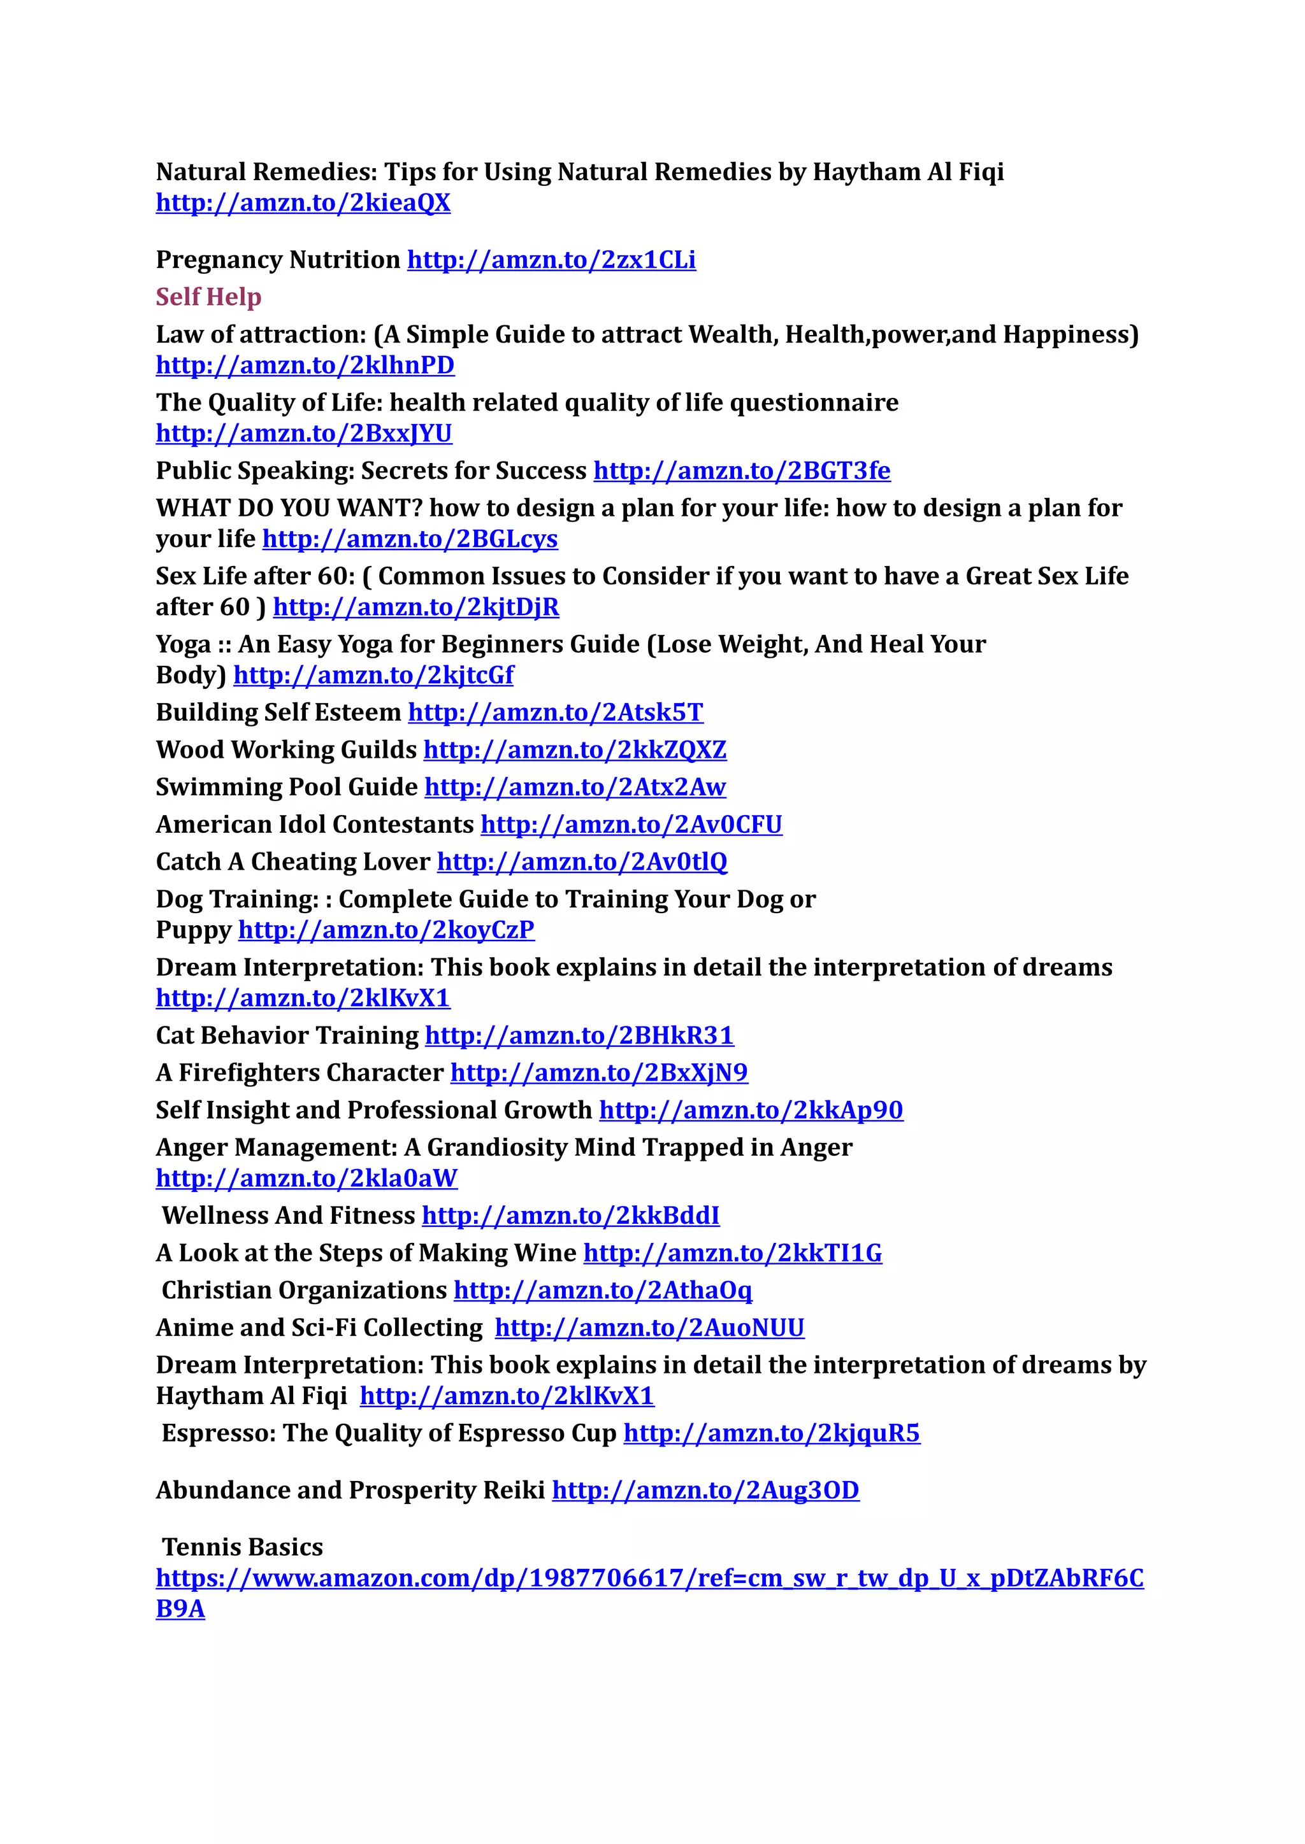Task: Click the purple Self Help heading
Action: point(208,297)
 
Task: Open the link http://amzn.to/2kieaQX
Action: point(303,202)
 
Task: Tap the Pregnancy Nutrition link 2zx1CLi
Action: point(551,260)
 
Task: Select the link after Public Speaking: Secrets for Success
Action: point(741,471)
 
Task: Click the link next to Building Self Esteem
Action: point(555,713)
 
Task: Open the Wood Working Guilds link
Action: point(575,750)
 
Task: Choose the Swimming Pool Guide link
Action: point(575,787)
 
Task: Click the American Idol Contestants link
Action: point(631,825)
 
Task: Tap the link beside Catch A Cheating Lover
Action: point(582,862)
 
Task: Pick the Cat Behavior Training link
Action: point(579,1035)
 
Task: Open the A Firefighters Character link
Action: point(599,1073)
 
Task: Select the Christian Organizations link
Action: point(603,1291)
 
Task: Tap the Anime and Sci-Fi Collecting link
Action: point(649,1328)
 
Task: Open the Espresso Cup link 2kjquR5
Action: point(772,1433)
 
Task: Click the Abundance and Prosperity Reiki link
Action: point(705,1491)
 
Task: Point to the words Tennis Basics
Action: point(242,1548)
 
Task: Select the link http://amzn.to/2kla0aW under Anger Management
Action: point(306,1178)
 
